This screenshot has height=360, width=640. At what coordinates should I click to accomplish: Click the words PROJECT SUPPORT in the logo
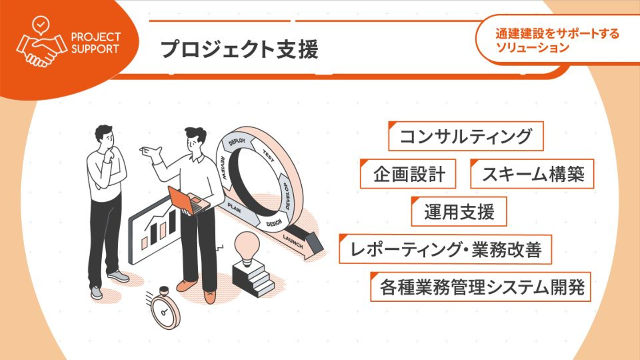pyautogui.click(x=96, y=43)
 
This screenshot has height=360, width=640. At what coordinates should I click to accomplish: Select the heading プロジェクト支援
pyautogui.click(x=240, y=49)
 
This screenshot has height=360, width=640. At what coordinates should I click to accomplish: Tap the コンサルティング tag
pyautogui.click(x=466, y=136)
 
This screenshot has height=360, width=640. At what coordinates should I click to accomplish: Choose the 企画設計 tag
pyautogui.click(x=408, y=174)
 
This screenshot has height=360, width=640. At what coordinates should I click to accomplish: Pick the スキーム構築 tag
pyautogui.click(x=532, y=174)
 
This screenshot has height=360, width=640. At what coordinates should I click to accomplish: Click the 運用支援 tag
pyautogui.click(x=459, y=212)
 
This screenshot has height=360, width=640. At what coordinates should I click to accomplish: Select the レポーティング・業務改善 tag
pyautogui.click(x=445, y=249)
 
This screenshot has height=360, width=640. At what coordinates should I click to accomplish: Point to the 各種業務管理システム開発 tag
pyautogui.click(x=480, y=287)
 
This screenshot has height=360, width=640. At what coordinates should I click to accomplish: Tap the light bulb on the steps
pyautogui.click(x=247, y=248)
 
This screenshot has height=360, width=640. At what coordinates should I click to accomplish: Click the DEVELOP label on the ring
pyautogui.click(x=287, y=196)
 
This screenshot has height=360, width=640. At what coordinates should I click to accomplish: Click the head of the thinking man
pyautogui.click(x=104, y=135)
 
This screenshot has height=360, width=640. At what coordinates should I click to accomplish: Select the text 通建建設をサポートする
pyautogui.click(x=557, y=34)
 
